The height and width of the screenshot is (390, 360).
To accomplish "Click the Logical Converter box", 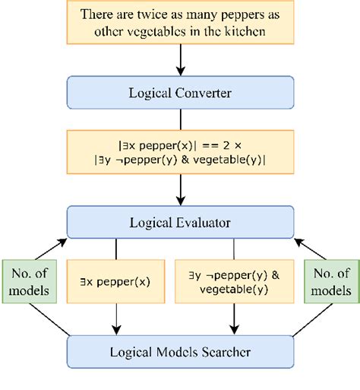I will pos(180,93).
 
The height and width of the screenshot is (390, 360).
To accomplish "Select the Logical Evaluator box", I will pos(180,222).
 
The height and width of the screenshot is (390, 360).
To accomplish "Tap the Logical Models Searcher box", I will pos(180,352).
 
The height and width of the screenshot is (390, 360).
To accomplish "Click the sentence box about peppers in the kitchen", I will pos(180,24).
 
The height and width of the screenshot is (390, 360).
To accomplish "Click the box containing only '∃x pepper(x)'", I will pos(115,281).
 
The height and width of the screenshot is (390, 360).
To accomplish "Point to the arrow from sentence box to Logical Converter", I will pos(180,59).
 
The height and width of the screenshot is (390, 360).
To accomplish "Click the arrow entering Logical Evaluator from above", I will pos(180,194).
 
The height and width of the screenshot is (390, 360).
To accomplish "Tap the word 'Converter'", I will pos(204,93).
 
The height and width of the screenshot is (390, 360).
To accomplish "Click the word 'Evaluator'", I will pos(204,222).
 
